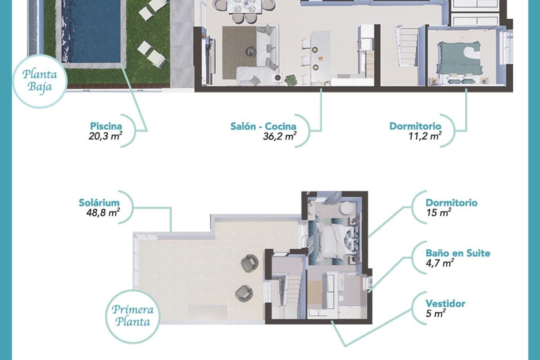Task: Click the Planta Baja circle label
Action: (x=40, y=81)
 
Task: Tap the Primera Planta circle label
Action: (x=132, y=316)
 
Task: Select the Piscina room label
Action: (x=106, y=126)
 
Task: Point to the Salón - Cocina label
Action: (x=263, y=126)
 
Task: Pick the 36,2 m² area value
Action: (x=279, y=136)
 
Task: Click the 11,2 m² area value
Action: (x=425, y=136)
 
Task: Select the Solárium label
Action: (x=99, y=202)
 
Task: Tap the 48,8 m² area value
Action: (x=103, y=212)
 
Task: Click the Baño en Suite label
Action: (x=458, y=253)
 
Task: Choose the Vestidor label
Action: (x=445, y=303)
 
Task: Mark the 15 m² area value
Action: (x=439, y=212)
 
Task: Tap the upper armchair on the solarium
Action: (x=249, y=263)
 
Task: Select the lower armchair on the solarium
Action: (x=244, y=293)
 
